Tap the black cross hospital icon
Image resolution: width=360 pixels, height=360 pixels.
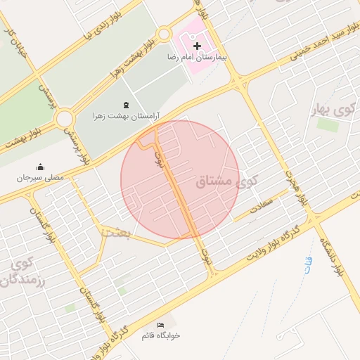tap(197, 45)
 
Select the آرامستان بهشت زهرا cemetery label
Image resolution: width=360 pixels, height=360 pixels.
tap(127, 114)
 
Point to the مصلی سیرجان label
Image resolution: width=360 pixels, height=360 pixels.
tap(41, 177)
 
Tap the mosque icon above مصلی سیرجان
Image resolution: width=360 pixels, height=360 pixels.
tap(40, 167)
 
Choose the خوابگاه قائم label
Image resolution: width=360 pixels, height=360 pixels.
tap(161, 335)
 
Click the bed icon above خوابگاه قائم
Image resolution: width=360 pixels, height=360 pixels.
tap(161, 325)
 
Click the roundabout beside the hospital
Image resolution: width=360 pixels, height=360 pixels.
tap(164, 33)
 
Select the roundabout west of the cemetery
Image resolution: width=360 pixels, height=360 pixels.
tap(65, 118)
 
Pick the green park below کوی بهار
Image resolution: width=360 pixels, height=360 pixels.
tap(327, 124)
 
